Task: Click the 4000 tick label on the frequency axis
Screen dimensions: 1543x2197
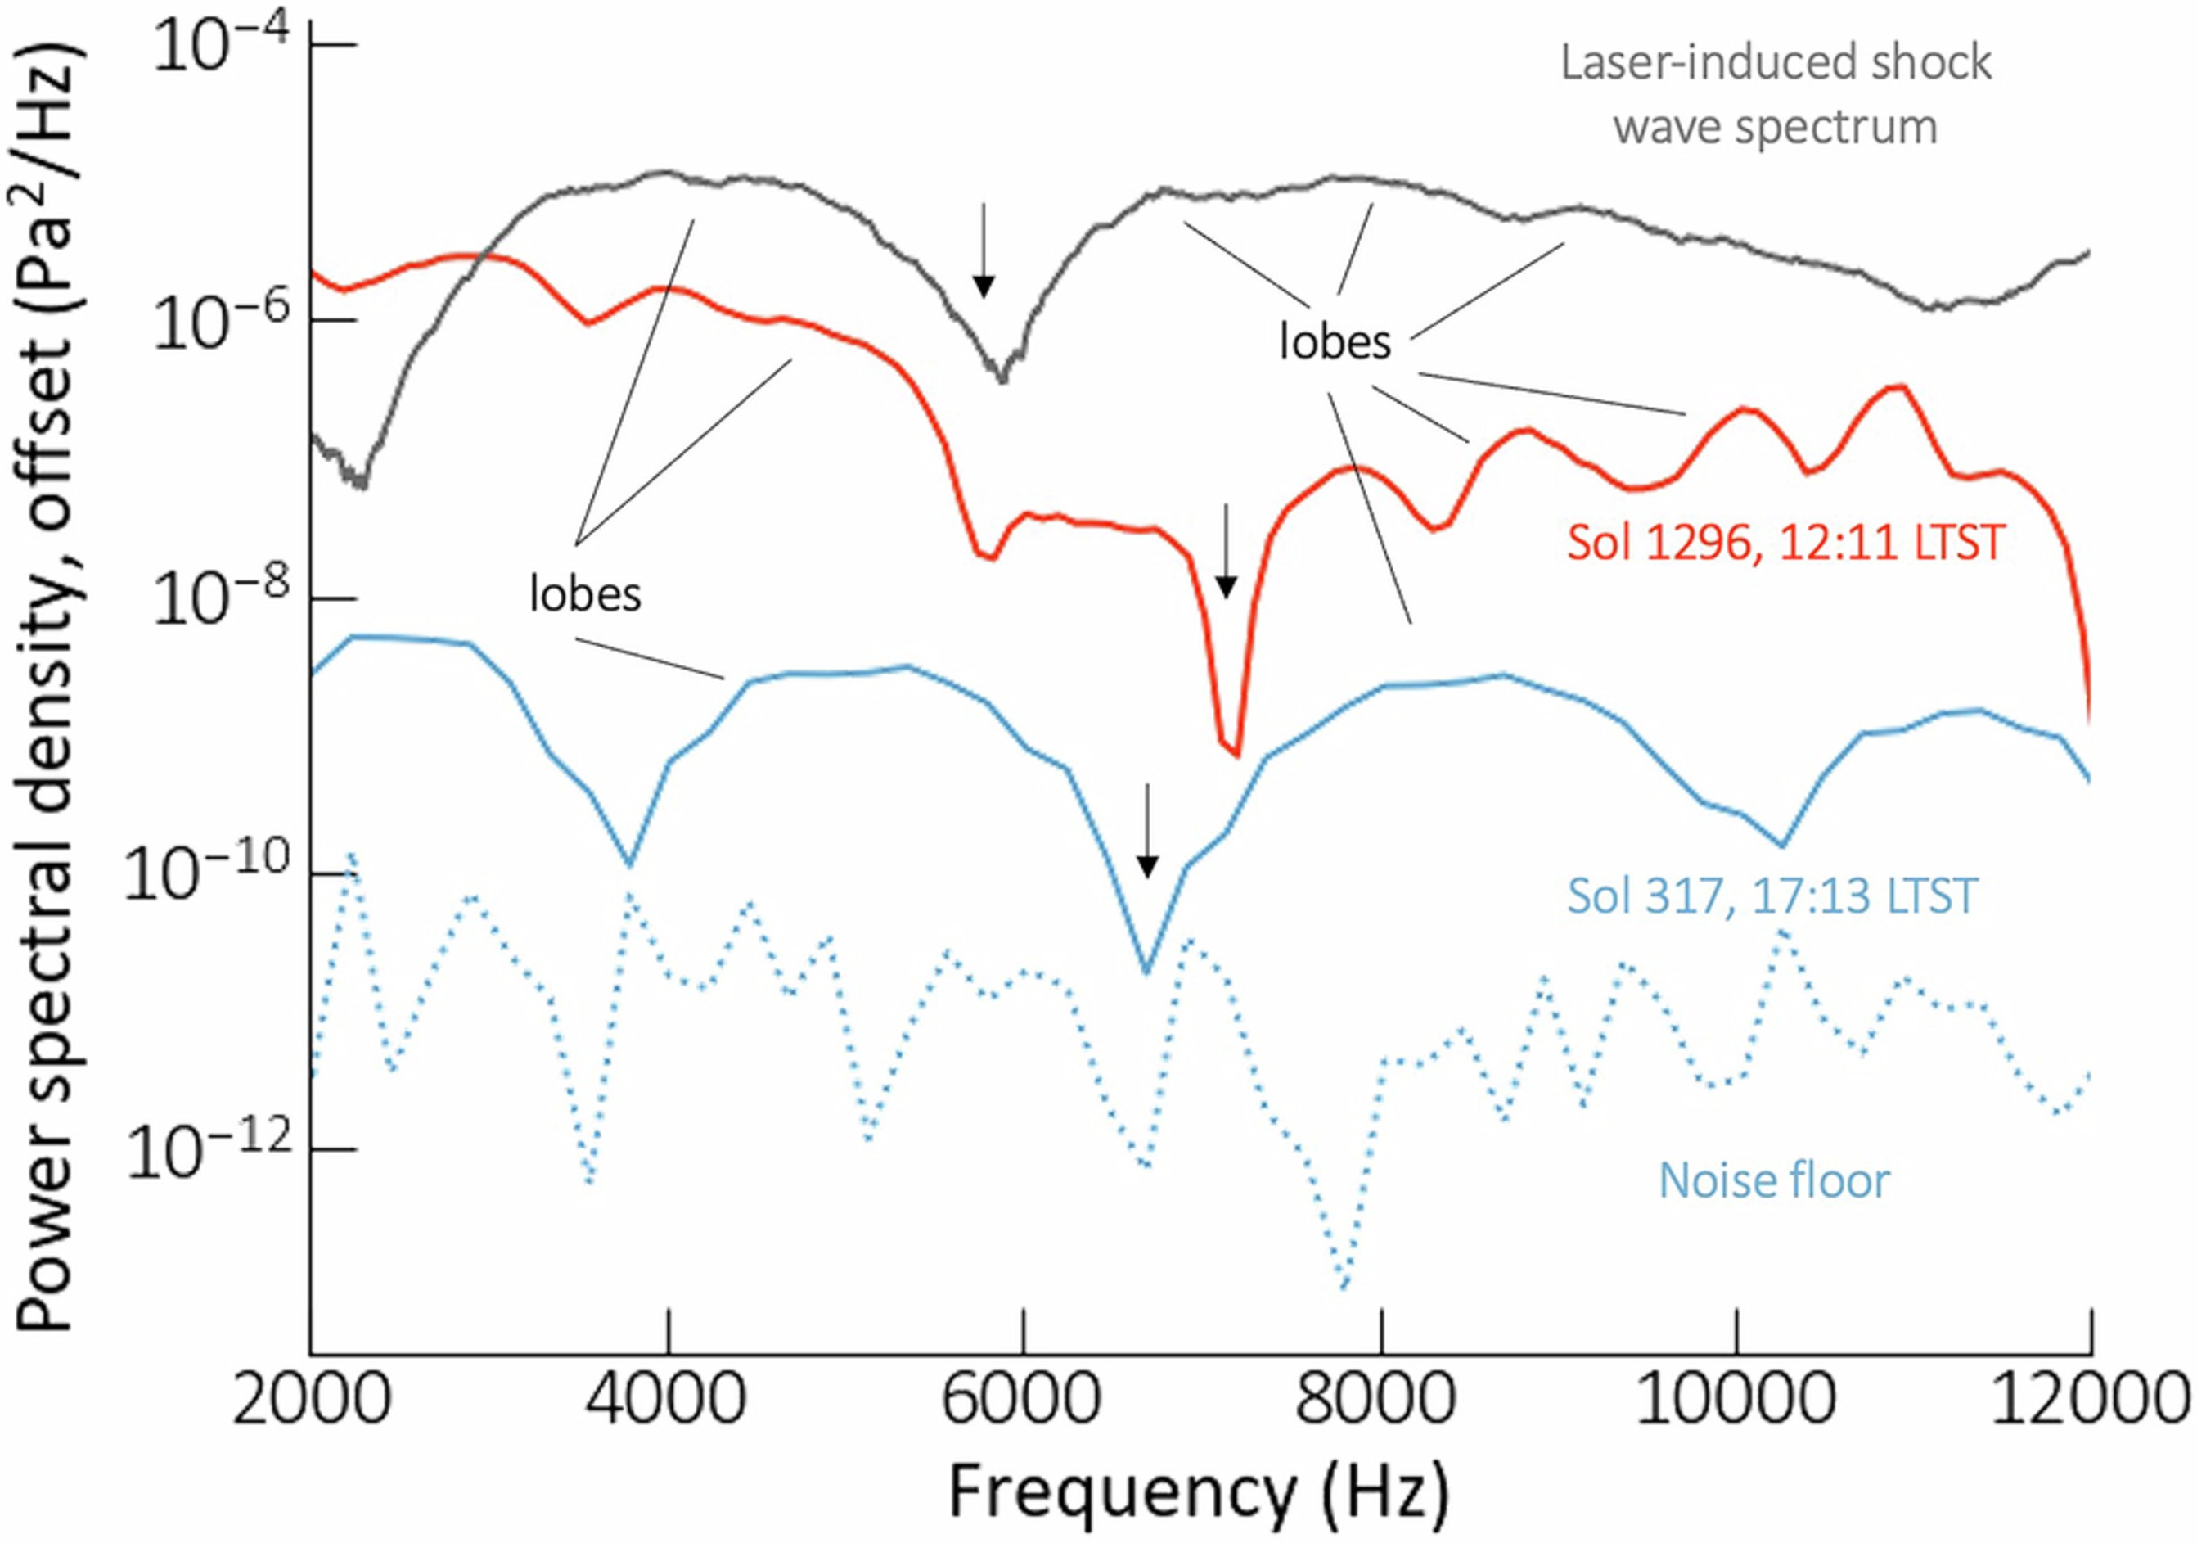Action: [x=667, y=1401]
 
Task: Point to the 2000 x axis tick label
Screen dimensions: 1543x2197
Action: [x=313, y=1401]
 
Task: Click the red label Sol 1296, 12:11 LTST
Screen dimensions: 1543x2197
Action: [x=1785, y=543]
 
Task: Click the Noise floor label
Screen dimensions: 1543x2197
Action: [x=1774, y=1180]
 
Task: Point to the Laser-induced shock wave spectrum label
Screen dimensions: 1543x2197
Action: [x=1776, y=94]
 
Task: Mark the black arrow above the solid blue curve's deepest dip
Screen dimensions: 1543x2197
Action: [x=1147, y=831]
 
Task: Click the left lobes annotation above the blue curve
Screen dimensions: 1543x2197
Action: [x=586, y=594]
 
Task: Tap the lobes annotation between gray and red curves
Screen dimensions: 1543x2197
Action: [x=1335, y=341]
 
